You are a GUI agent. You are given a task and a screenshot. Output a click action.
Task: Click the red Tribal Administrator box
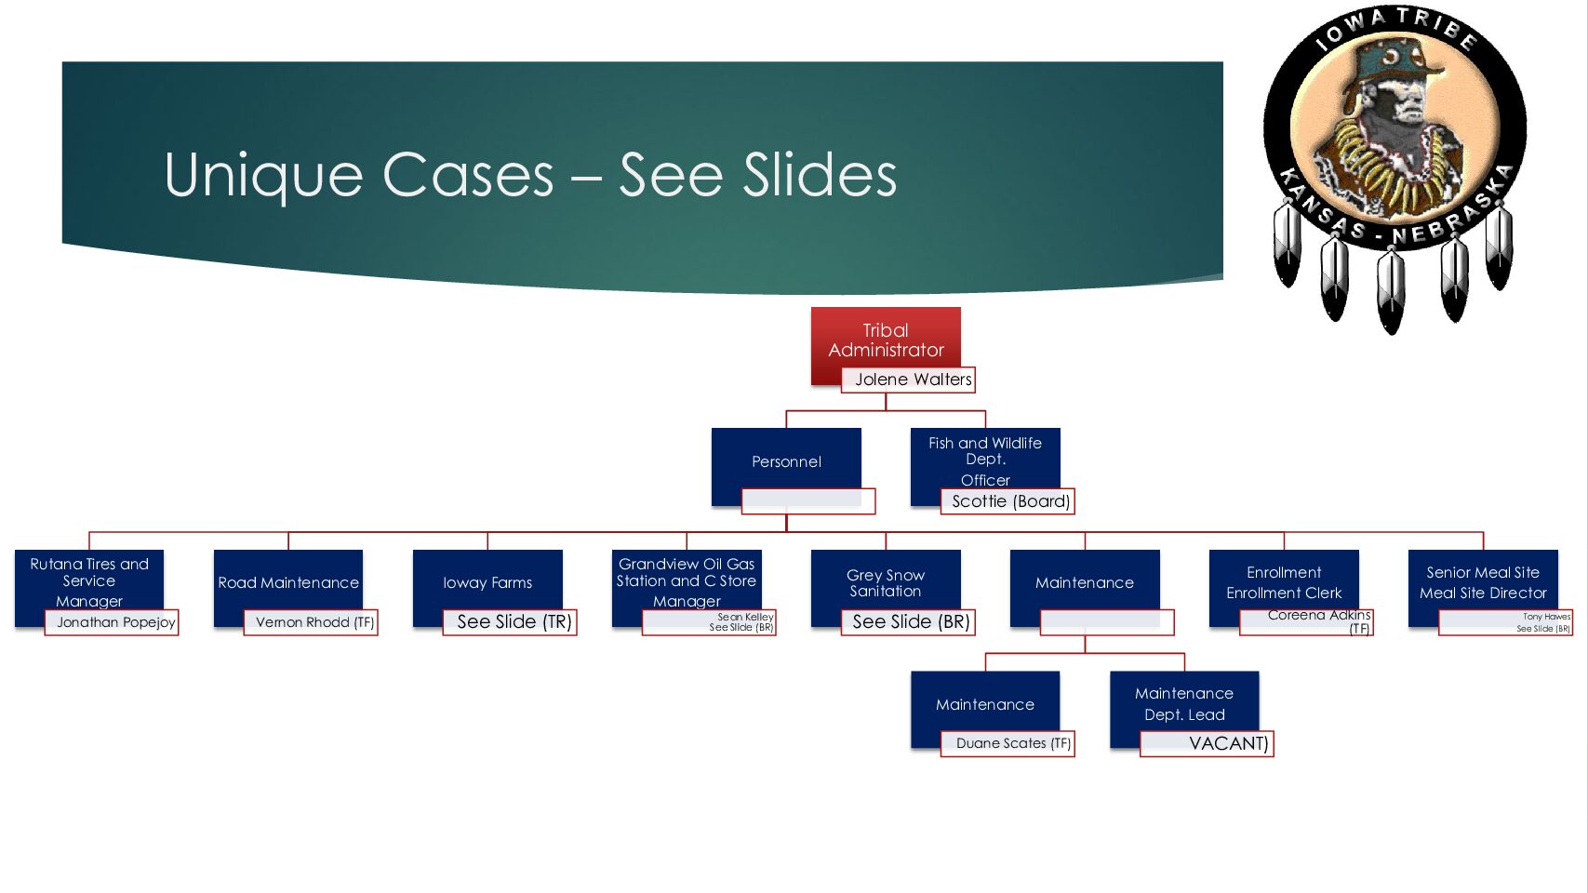click(x=886, y=340)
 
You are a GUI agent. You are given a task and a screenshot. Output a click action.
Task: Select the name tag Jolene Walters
click(x=909, y=380)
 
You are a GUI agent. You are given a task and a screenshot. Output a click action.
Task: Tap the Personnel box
click(x=786, y=460)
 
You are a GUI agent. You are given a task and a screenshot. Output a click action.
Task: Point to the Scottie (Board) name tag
click(x=1010, y=501)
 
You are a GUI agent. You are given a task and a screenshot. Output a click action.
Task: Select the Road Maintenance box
click(x=288, y=582)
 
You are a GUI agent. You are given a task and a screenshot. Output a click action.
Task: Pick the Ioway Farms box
click(x=487, y=582)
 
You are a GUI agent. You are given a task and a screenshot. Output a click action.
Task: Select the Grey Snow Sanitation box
click(x=886, y=582)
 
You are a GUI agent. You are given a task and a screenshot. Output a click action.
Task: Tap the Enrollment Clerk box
click(x=1284, y=582)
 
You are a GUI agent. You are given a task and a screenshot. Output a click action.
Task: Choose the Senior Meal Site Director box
click(x=1483, y=582)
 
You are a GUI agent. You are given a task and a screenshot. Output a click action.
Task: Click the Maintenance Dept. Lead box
click(x=1184, y=703)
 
